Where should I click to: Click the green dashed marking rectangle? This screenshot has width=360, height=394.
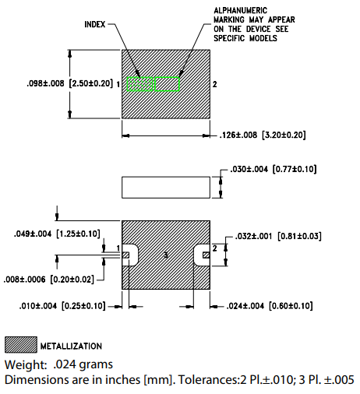click(x=154, y=83)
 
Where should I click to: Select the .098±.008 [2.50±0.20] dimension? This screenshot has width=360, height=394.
click(x=58, y=83)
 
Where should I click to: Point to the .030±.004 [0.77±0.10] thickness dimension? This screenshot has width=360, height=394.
click(x=273, y=169)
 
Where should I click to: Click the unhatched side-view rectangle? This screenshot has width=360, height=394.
click(x=167, y=188)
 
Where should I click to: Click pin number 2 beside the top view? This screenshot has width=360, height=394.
click(x=215, y=83)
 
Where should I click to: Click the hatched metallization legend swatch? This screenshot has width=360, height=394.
click(x=21, y=345)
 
